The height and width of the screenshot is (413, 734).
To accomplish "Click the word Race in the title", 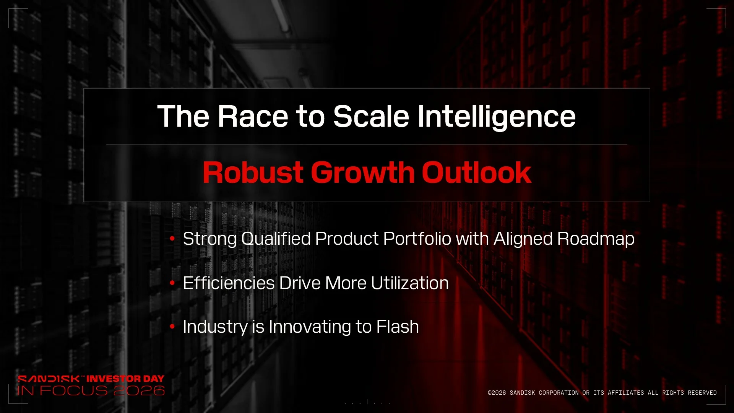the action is [x=253, y=116].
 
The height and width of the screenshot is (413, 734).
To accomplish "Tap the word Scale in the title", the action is [x=371, y=116].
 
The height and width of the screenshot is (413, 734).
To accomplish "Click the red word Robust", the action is [x=253, y=172].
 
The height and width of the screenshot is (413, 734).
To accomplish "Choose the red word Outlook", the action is [x=477, y=172].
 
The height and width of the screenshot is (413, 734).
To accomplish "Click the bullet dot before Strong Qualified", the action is [x=172, y=239].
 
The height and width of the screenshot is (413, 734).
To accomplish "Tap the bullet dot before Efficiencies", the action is [x=172, y=283].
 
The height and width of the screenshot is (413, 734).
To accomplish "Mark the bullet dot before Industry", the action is [x=172, y=327].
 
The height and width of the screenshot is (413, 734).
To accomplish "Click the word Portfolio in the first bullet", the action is [x=417, y=239].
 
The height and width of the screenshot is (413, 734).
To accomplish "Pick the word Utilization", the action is [x=410, y=283].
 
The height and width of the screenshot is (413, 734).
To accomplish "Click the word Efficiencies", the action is [x=229, y=283].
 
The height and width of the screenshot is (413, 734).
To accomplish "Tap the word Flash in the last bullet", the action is [x=398, y=327].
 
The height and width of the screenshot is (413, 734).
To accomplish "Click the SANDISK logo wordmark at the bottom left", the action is [x=49, y=379].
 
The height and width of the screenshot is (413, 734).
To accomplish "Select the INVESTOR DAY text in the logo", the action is [x=125, y=379].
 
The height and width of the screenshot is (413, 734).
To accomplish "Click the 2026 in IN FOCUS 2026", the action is [x=139, y=390].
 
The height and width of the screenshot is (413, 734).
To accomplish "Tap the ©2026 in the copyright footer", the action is [x=497, y=393].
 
